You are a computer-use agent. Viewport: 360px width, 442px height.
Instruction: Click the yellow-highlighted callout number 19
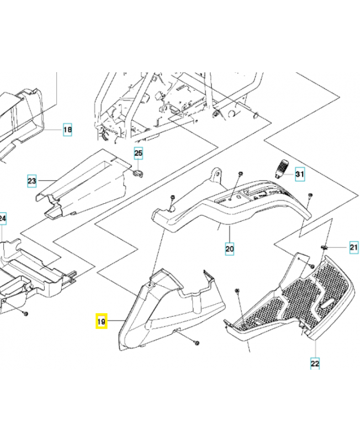click(101, 321)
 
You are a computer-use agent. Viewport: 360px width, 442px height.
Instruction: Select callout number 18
click(67, 130)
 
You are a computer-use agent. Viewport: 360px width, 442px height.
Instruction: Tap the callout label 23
click(32, 181)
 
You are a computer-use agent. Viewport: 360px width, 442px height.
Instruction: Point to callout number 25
click(138, 154)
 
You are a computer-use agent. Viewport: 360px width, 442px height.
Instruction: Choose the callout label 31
click(300, 174)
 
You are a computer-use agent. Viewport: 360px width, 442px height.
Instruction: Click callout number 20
click(230, 249)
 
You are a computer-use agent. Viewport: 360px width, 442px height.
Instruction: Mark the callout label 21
click(354, 248)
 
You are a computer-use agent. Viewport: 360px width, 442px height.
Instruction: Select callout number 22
click(315, 363)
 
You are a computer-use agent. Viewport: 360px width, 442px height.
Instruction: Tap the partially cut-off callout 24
click(3, 218)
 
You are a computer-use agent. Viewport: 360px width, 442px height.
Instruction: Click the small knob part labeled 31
click(282, 169)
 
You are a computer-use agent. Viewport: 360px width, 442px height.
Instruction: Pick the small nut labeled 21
click(324, 248)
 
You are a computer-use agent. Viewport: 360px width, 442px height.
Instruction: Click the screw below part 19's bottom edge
click(197, 343)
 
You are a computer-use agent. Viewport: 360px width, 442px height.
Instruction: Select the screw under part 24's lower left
click(25, 313)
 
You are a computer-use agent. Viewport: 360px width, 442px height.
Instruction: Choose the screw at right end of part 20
click(310, 195)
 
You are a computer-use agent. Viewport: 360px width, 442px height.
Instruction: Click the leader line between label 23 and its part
click(47, 181)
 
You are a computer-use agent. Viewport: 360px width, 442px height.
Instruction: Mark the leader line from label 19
click(116, 321)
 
